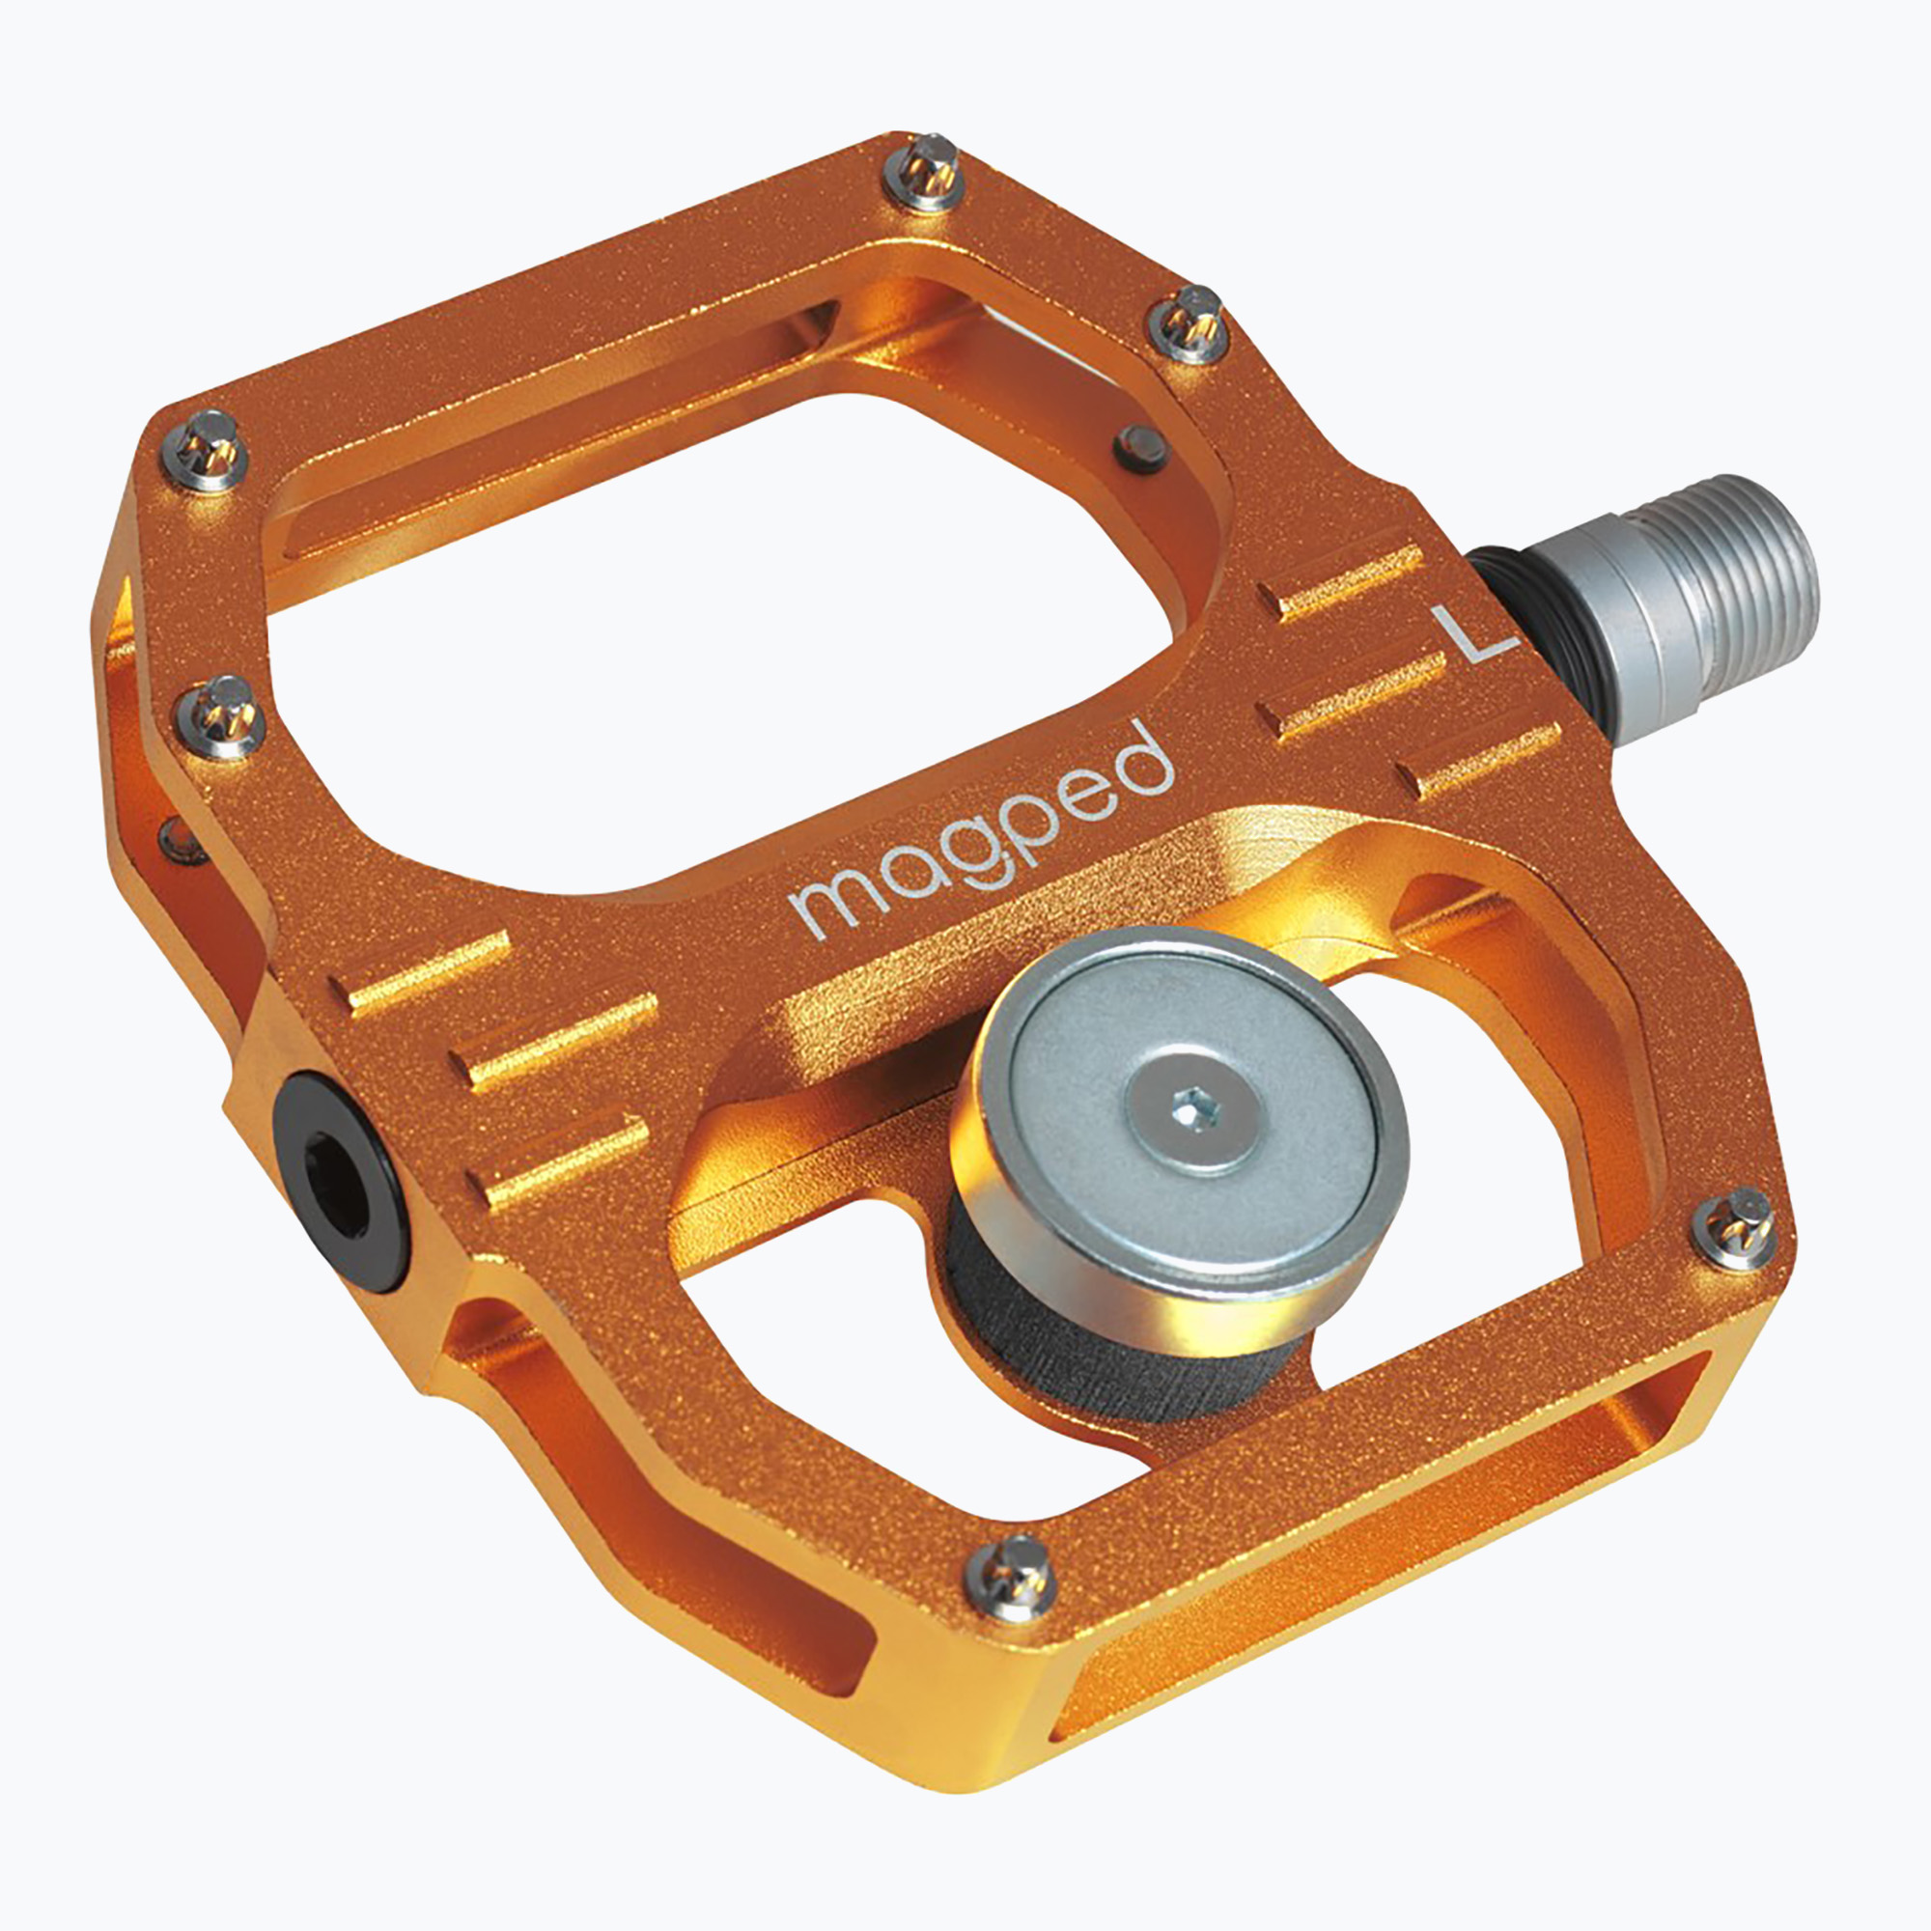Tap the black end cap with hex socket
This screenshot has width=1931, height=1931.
(340, 1181)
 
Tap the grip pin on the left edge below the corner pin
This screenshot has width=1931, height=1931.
(221, 714)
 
